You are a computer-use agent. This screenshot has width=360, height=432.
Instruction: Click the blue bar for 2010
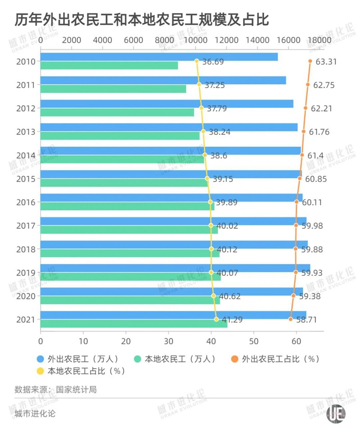pyautogui.click(x=157, y=57)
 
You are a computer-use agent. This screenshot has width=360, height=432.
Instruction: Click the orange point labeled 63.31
pyautogui.click(x=310, y=61)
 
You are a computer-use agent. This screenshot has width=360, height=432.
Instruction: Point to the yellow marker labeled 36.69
pyautogui.click(x=197, y=61)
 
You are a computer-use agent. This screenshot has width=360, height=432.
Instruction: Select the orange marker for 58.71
pyautogui.click(x=291, y=319)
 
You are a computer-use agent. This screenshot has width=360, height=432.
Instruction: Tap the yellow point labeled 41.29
pyautogui.click(x=216, y=319)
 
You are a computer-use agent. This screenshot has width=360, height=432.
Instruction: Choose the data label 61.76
pyautogui.click(x=319, y=131)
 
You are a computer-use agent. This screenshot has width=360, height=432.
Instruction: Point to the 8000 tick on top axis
pyautogui.click(x=165, y=40)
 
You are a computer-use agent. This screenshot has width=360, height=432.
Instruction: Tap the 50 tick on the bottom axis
pyautogui.click(x=254, y=340)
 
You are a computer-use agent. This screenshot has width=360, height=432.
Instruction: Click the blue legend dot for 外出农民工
pyautogui.click(x=40, y=359)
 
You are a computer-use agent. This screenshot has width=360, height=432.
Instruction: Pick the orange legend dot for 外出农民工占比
pyautogui.click(x=235, y=359)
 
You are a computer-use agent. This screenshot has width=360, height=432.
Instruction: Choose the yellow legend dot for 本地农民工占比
pyautogui.click(x=40, y=371)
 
